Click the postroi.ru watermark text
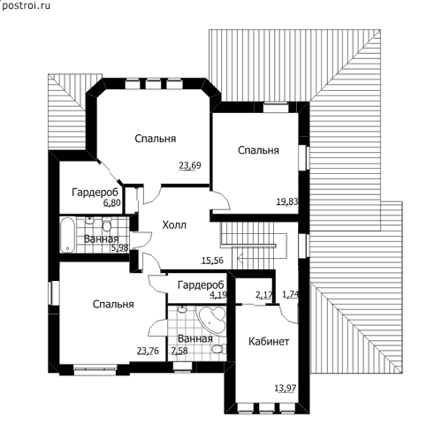(x=26, y=5)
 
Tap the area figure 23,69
(x=190, y=165)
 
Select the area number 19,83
(x=287, y=201)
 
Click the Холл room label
(x=174, y=225)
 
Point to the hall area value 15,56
(x=212, y=261)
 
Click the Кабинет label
(x=269, y=342)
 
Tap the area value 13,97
(x=286, y=389)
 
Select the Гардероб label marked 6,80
(x=95, y=193)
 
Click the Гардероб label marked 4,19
(x=201, y=285)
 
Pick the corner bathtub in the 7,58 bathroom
(x=212, y=320)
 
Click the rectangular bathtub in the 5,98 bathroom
(x=68, y=235)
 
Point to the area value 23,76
(x=148, y=351)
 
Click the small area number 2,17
(x=264, y=295)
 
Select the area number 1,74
(x=291, y=294)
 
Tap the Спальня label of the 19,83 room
(x=258, y=150)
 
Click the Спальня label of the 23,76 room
(x=113, y=304)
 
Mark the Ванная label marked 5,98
(x=102, y=238)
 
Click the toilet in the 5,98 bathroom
(x=107, y=224)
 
